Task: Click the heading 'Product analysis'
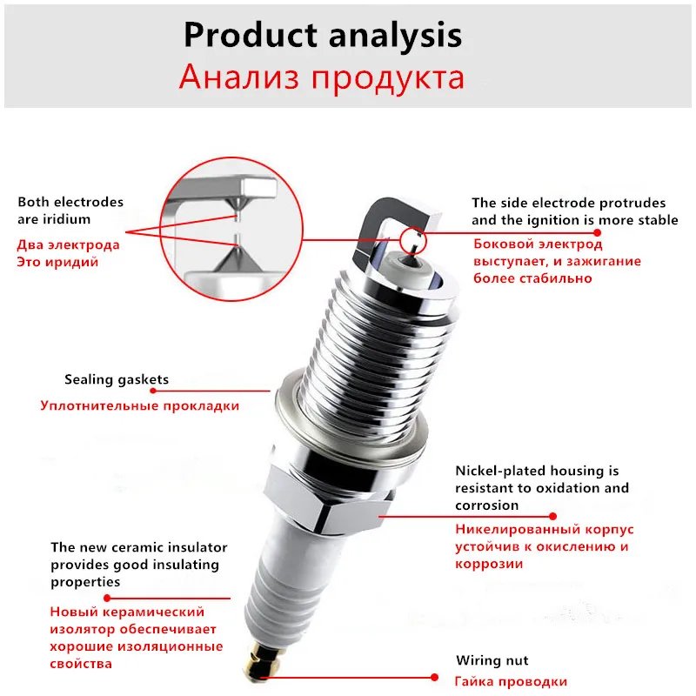[x=323, y=36]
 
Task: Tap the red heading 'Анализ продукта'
[x=322, y=77]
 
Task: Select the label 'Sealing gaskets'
[x=117, y=379]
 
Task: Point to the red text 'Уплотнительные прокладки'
[x=140, y=405]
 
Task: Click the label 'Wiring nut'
[x=492, y=660]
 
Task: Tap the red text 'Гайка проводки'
[x=511, y=681]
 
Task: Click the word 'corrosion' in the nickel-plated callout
[x=487, y=505]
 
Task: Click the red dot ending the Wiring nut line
[x=434, y=678]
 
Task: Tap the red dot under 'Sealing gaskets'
[x=153, y=391]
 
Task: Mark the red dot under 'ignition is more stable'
[x=598, y=232]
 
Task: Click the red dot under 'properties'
[x=107, y=598]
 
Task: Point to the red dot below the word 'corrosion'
[x=552, y=516]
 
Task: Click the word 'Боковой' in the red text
[x=504, y=244]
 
